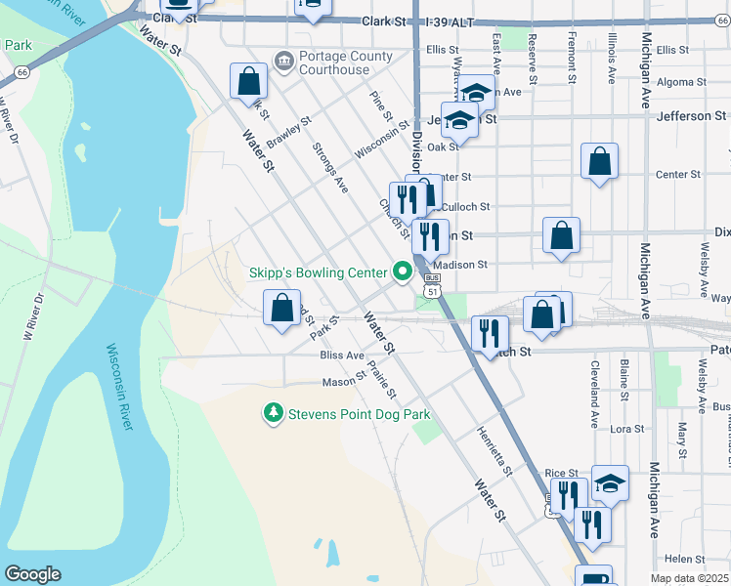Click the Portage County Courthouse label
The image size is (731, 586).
[334, 63]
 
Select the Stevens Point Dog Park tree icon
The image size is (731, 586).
[274, 415]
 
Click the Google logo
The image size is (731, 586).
[32, 574]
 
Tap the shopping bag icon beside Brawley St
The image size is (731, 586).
[249, 81]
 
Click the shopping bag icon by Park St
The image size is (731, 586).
[282, 308]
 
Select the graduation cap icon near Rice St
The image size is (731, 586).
[610, 483]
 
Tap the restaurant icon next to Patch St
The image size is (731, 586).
[490, 333]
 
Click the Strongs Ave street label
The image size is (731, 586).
[330, 167]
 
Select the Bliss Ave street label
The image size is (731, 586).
[342, 356]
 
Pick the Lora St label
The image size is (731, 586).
[627, 429]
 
